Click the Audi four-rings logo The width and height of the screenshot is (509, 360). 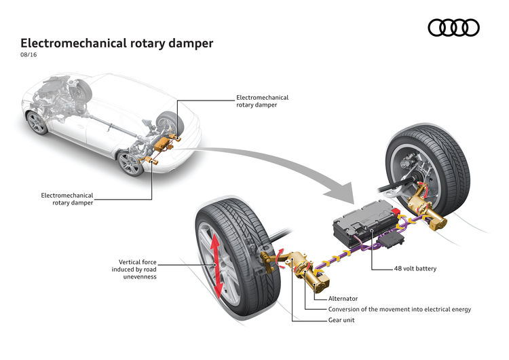click(453, 27)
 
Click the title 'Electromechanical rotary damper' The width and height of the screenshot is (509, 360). click(117, 43)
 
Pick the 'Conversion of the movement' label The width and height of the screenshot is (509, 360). click(397, 309)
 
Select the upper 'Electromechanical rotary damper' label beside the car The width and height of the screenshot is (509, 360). click(261, 101)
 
